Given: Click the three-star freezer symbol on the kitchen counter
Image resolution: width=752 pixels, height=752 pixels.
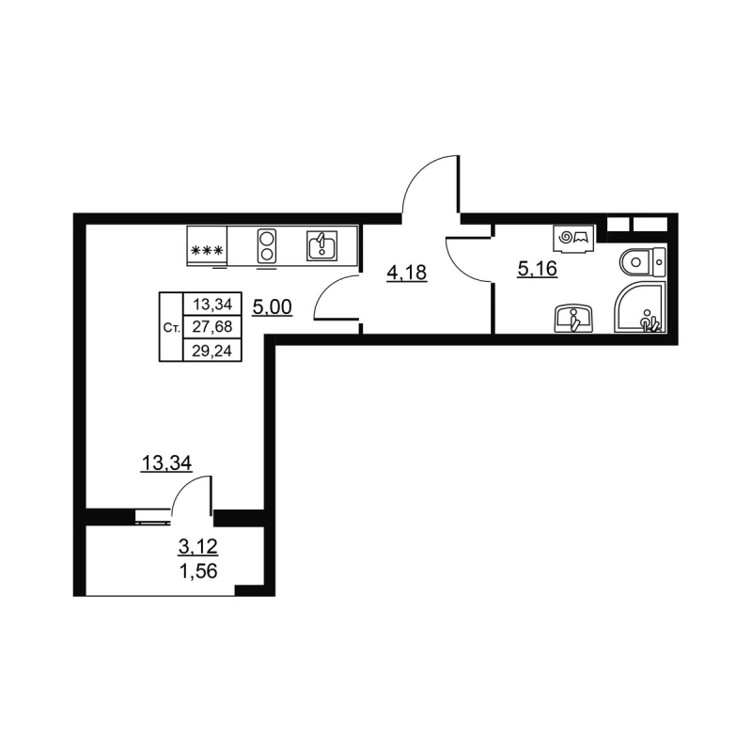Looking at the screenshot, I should coord(206,251).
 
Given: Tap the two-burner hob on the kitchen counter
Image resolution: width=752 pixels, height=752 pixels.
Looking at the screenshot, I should coord(266,245).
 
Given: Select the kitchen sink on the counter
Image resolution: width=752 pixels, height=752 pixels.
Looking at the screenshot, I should coord(321,246).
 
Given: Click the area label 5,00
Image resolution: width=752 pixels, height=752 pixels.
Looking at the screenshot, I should coord(271,306).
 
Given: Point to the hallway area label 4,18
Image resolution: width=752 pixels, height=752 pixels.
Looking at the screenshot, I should coord(407,274).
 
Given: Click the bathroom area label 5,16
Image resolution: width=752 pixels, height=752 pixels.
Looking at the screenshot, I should coord(539,270).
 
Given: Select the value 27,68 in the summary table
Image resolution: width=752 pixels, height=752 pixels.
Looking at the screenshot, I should coord(212,327).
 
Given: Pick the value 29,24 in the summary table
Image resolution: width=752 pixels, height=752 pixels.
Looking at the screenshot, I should coord(212,351).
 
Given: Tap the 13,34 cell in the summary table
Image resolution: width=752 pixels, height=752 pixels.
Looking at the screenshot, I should coord(212,304).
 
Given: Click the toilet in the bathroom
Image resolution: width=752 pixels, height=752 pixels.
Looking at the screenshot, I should coord(642,258).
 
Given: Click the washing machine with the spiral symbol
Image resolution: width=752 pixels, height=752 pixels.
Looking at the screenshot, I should coord(572,240).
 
